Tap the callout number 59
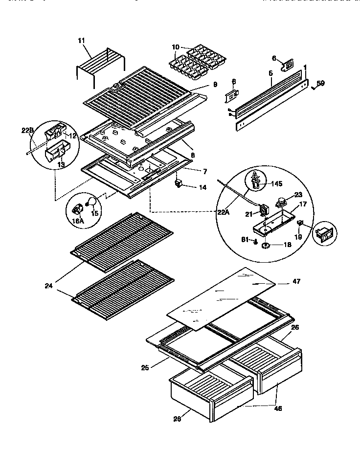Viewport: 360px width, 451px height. tap(321, 83)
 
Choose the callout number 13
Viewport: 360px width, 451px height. tap(61, 164)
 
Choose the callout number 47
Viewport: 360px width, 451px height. tap(296, 281)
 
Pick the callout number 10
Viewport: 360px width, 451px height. tap(176, 47)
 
